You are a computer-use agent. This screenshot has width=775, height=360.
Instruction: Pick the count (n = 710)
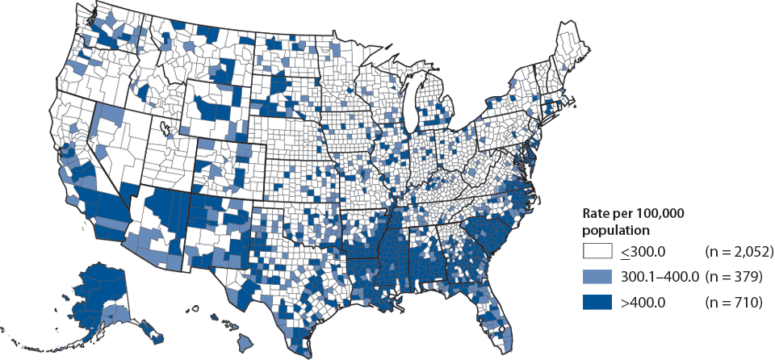point(734,303)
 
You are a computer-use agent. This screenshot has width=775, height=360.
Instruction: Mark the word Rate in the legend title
point(597,214)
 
